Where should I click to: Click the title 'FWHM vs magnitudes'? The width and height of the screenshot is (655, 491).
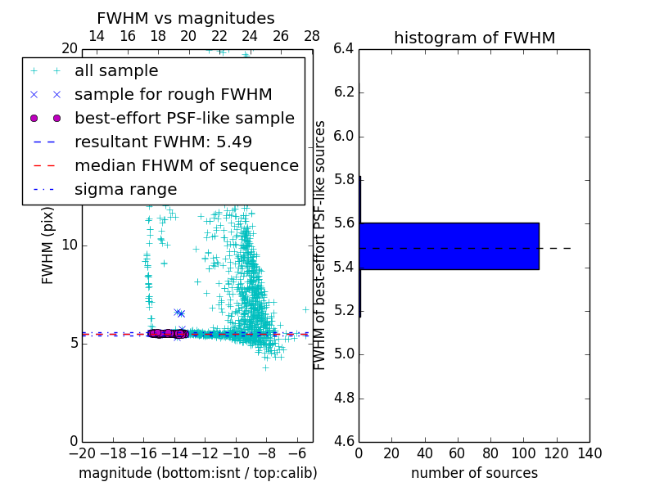coord(186,18)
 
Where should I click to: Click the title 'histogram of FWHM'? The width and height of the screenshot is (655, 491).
coord(474,38)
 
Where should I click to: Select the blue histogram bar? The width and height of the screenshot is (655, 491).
coord(449,245)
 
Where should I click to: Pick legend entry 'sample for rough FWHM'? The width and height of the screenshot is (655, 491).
coord(173,94)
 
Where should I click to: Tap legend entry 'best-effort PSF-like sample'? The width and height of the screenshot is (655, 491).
coord(184,118)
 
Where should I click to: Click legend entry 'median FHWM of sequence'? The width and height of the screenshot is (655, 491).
coord(186,165)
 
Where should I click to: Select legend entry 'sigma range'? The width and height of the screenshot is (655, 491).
coord(125,189)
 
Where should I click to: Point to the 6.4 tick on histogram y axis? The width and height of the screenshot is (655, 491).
coord(343,48)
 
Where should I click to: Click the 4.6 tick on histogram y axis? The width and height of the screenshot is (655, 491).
coord(343,441)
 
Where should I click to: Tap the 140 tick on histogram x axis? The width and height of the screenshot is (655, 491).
coord(589,453)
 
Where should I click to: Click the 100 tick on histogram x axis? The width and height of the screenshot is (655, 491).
coord(523,453)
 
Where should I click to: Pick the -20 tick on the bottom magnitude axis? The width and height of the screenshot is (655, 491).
coord(82,453)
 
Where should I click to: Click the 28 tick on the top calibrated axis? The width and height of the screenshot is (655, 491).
coord(312,36)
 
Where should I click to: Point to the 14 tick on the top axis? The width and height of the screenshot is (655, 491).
coord(96,36)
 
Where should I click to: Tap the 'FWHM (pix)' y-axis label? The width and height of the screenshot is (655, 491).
coord(48,245)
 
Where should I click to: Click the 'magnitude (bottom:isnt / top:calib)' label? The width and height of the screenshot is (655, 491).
coord(197,473)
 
